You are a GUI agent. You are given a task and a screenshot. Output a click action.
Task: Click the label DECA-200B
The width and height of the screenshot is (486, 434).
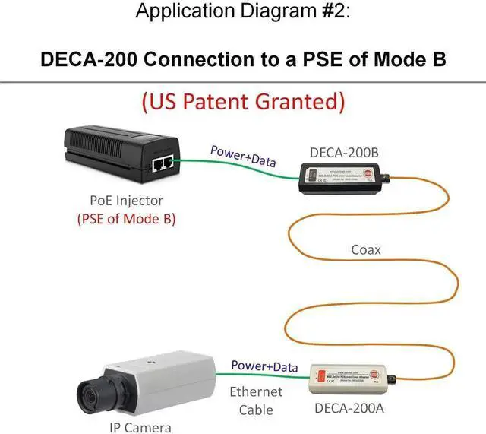344,152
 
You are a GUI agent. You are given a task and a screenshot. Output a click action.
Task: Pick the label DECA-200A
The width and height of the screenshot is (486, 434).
350,410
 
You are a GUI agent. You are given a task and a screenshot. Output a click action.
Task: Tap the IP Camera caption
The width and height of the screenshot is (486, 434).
141,426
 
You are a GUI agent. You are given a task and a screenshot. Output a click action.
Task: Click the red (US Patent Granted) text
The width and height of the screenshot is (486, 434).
243,101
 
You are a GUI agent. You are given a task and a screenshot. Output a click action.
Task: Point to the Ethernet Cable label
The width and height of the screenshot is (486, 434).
256,401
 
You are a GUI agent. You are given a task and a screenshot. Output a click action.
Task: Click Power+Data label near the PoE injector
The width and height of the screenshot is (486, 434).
243,155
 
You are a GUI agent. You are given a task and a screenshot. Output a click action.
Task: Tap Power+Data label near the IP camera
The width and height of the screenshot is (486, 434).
264,367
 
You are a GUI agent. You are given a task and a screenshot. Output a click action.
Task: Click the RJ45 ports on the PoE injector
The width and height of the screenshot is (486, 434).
163,163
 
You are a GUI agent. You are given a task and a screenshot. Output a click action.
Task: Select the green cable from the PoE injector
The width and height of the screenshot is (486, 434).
236,171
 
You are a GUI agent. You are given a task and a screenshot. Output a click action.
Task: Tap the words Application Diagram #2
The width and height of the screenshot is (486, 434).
242,12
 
